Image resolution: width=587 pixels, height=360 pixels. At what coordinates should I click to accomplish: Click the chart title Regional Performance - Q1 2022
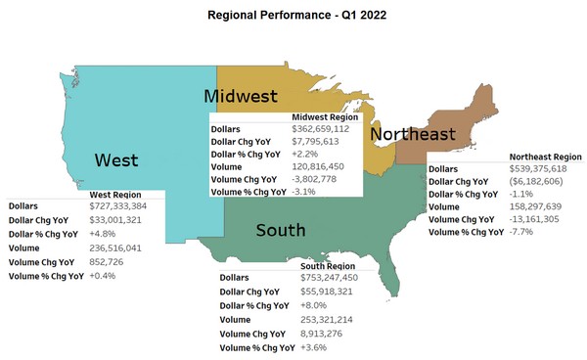[293, 17]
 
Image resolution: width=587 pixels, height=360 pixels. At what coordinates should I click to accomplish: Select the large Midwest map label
[241, 96]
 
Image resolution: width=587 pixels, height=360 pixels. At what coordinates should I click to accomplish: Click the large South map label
[281, 231]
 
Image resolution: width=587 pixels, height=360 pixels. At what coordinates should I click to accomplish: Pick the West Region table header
[128, 195]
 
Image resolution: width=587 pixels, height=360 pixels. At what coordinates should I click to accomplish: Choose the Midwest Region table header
[325, 116]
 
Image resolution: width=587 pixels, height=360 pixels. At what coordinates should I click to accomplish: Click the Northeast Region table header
[546, 156]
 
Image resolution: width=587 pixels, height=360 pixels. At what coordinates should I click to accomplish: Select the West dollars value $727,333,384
[120, 207]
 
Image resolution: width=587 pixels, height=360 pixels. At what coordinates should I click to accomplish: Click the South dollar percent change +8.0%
[316, 306]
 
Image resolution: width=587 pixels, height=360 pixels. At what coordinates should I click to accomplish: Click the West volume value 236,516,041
[115, 249]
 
